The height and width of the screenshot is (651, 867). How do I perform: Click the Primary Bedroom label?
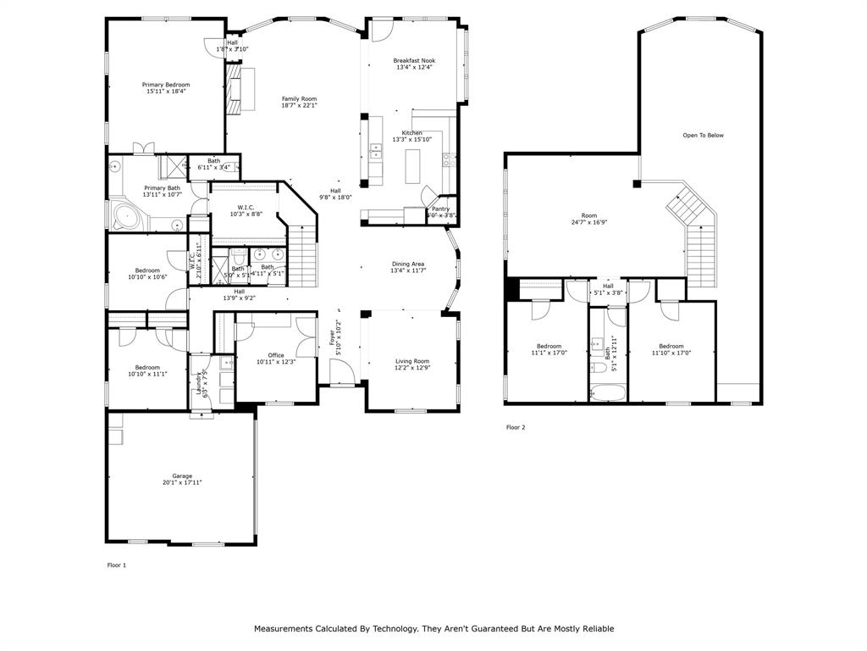point(165,85)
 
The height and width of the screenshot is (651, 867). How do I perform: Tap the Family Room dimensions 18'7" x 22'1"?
point(299,105)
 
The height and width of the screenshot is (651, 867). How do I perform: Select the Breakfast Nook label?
point(413,60)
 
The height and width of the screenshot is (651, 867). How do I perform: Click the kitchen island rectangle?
point(413,165)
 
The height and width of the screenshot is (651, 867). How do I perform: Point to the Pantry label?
point(440,209)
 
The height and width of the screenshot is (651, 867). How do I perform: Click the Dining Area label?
point(407,264)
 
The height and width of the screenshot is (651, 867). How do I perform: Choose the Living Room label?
point(412,361)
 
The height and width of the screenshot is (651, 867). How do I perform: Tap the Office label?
point(276,355)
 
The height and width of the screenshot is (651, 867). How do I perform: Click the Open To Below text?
point(703,135)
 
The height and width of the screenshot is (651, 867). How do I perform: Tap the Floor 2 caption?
point(516,427)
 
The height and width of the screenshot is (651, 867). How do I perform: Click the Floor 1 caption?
point(116,565)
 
